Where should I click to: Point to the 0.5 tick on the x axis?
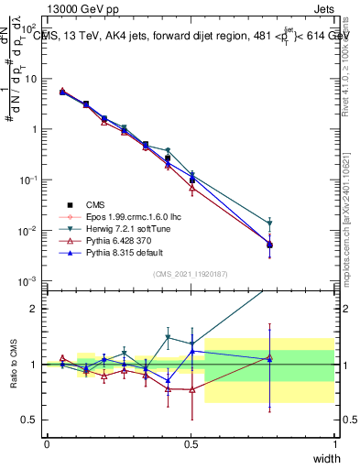click(191, 444)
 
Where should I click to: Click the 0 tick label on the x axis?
click(47, 444)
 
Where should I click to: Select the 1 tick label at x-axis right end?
click(334, 444)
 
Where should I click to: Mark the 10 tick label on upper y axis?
click(32, 79)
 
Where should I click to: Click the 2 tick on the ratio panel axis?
click(34, 308)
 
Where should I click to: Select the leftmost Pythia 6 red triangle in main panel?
click(61, 91)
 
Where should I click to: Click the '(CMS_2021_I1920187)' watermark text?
click(191, 274)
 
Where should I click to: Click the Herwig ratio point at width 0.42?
click(168, 337)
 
